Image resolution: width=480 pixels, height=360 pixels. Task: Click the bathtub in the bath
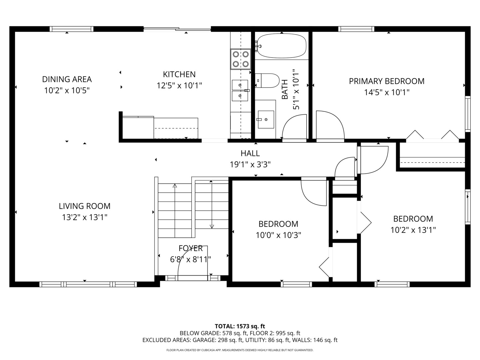pyautogui.click(x=282, y=46)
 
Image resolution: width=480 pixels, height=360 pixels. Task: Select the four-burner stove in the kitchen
pyautogui.click(x=241, y=59)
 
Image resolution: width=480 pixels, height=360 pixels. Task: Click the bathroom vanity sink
pyautogui.click(x=266, y=119)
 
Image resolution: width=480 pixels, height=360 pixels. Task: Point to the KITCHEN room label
pyautogui.click(x=179, y=74)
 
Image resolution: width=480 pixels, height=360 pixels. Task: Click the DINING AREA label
pyautogui.click(x=67, y=79)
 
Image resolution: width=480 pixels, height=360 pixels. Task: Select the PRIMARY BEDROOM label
pyautogui.click(x=387, y=81)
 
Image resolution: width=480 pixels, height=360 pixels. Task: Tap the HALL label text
pyautogui.click(x=250, y=153)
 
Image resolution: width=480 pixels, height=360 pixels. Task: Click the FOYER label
pyautogui.click(x=191, y=248)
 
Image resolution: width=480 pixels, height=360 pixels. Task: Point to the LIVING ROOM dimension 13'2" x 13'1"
pyautogui.click(x=85, y=217)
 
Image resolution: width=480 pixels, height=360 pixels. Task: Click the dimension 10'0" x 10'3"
pyautogui.click(x=278, y=235)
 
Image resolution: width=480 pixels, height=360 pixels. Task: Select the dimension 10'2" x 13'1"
pyautogui.click(x=413, y=230)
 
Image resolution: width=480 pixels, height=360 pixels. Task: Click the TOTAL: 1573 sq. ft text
pyautogui.click(x=240, y=326)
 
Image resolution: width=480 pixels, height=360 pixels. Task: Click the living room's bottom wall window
pyautogui.click(x=88, y=284)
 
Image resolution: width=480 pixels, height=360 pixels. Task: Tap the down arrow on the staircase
pyautogui.click(x=212, y=227)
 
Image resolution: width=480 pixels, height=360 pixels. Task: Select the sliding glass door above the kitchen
pyautogui.click(x=177, y=29)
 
